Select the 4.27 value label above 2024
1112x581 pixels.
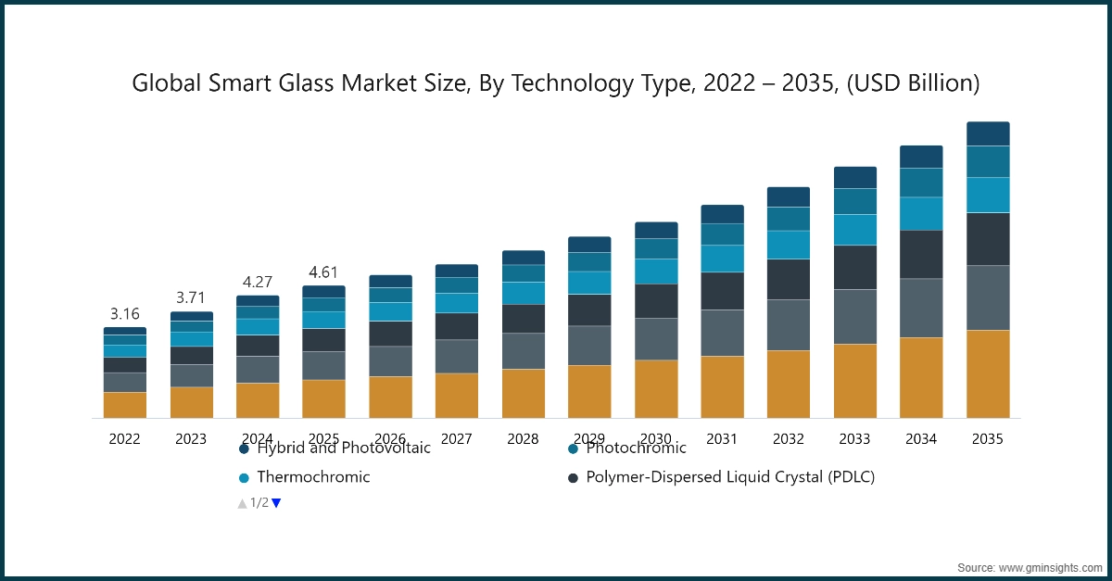(258, 281)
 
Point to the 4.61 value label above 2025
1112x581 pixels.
(323, 272)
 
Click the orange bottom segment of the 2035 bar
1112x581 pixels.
(988, 373)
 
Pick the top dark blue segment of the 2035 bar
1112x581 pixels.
(988, 133)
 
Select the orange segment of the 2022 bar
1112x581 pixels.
(124, 405)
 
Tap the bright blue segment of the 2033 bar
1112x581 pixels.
(855, 230)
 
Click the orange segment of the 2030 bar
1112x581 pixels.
(656, 388)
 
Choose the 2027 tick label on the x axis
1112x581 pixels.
(457, 439)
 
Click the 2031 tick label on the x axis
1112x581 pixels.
(722, 439)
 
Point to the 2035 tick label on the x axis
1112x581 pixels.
(988, 439)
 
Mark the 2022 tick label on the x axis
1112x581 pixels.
(124, 439)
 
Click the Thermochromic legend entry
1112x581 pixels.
(313, 477)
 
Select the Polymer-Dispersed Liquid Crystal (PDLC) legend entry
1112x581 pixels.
(730, 477)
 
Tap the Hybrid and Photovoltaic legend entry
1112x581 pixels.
(343, 448)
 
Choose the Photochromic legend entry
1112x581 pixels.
(636, 448)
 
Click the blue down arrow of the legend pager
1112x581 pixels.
(276, 503)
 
